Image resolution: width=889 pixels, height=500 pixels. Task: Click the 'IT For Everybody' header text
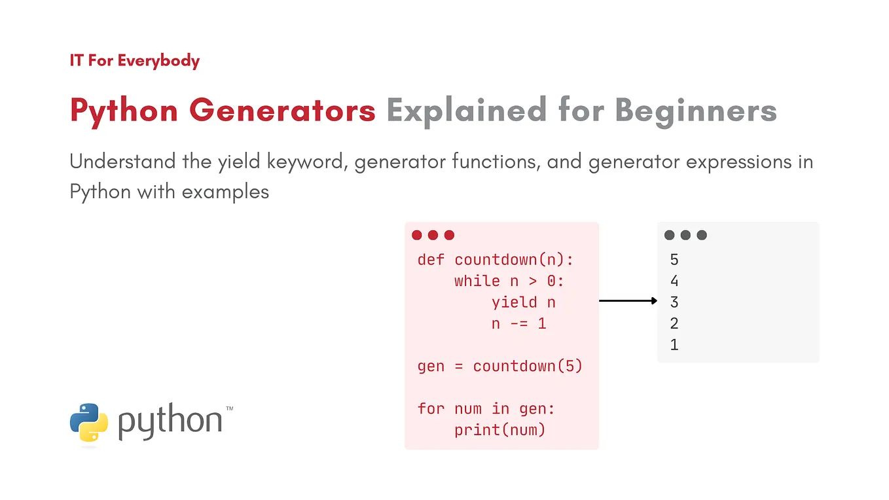(135, 61)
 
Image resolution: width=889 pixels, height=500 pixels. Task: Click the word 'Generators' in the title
(282, 111)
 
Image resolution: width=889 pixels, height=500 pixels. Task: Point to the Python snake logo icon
(89, 422)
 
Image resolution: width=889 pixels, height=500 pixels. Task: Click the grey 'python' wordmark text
(170, 421)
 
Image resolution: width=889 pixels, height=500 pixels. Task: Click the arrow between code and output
(628, 301)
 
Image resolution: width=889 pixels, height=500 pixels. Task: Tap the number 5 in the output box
(674, 260)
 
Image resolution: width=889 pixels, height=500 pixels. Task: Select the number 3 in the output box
(674, 302)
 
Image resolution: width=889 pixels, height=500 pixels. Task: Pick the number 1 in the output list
(674, 345)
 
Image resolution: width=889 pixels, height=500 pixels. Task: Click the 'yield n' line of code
(524, 303)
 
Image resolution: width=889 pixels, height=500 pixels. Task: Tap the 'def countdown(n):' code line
(496, 260)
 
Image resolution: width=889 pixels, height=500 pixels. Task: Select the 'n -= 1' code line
(518, 324)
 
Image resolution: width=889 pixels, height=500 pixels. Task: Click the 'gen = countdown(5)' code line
(500, 366)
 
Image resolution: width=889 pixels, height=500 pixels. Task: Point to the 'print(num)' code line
(500, 430)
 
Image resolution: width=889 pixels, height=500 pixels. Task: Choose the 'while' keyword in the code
(477, 281)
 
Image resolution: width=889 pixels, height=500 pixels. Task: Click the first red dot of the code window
(417, 236)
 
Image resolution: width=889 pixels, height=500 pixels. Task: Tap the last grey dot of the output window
(702, 236)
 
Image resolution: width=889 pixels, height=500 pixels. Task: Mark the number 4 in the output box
(674, 281)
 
